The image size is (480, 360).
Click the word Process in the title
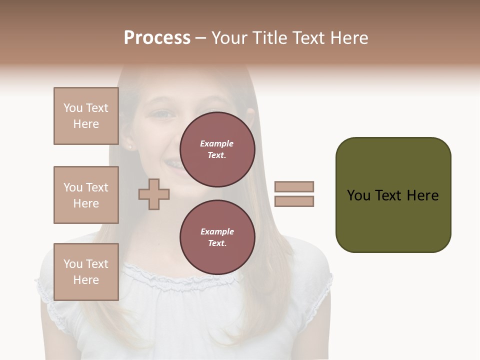pyautogui.click(x=157, y=38)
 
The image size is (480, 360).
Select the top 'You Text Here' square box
pyautogui.click(x=86, y=116)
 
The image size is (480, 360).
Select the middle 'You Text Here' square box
pyautogui.click(x=86, y=195)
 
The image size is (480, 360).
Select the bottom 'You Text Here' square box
pyautogui.click(x=86, y=272)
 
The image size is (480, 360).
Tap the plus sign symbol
pyautogui.click(x=154, y=194)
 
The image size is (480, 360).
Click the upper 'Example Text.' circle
pyautogui.click(x=217, y=149)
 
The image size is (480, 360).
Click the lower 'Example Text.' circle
pyautogui.click(x=217, y=237)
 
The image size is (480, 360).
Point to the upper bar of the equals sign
pyautogui.click(x=294, y=186)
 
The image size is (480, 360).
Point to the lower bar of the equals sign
pyautogui.click(x=294, y=201)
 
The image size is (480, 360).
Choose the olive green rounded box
pyautogui.click(x=393, y=195)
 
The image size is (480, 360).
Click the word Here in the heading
pyautogui.click(x=348, y=38)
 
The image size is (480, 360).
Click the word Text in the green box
pyautogui.click(x=389, y=195)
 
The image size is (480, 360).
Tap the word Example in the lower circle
pyautogui.click(x=217, y=231)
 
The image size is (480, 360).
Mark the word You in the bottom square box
pyautogui.click(x=73, y=264)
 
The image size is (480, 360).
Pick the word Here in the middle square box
pyautogui.click(x=86, y=203)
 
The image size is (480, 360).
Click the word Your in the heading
pyautogui.click(x=230, y=38)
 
